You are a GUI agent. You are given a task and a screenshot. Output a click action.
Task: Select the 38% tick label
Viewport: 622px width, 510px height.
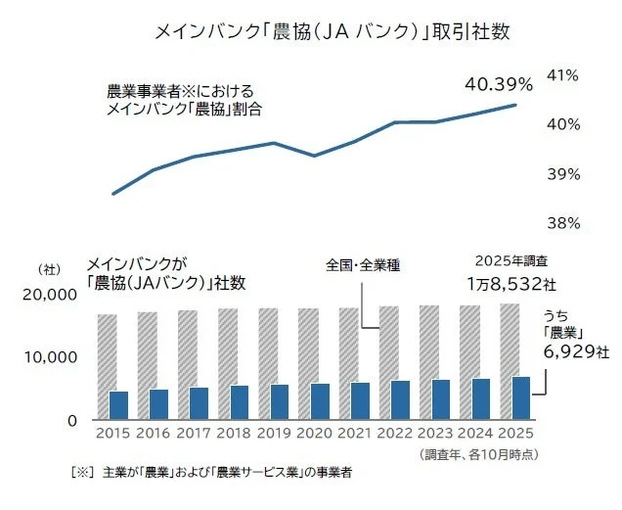tap(566, 223)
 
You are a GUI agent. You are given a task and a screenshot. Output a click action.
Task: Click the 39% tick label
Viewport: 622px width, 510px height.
tap(566, 174)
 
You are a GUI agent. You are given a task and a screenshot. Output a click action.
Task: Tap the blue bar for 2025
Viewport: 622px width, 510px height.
tap(520, 397)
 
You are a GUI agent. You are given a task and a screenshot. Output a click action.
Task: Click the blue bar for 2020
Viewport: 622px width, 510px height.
tap(319, 401)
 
